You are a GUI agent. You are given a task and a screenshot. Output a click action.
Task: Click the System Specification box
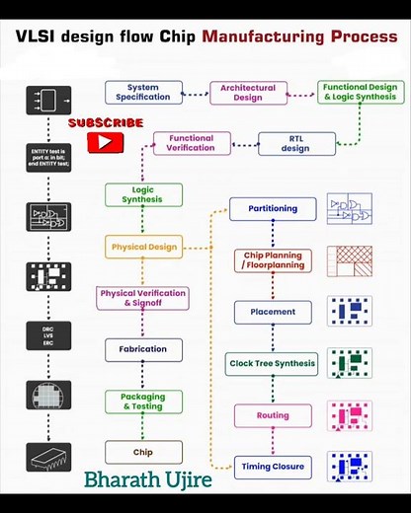143,93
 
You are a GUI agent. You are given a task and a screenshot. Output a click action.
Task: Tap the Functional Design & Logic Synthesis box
360,93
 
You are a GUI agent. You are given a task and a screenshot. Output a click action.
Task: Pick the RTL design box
295,144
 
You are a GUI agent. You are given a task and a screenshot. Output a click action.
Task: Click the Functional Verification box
191,143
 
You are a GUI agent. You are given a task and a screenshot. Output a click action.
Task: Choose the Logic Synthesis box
143,194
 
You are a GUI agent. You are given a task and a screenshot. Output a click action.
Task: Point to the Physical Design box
143,247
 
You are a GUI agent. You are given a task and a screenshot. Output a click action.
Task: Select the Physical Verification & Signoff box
143,298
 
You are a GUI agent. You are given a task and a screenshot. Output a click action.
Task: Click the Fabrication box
143,349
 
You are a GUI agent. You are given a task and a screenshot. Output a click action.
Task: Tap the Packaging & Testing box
143,401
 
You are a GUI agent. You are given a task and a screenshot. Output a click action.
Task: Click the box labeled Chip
143,453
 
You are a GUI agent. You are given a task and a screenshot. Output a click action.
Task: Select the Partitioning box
273,209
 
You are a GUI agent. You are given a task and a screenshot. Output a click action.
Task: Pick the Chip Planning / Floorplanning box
273,260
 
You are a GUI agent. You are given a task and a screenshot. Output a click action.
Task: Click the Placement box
273,312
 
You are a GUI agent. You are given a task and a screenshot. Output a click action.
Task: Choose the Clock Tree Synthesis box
273,364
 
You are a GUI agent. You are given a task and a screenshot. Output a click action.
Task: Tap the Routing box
273,415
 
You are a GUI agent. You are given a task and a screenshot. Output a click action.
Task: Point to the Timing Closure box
273,466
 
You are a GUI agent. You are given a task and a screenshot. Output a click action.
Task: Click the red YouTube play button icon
101,142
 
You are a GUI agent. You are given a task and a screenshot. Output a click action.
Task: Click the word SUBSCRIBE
106,123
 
